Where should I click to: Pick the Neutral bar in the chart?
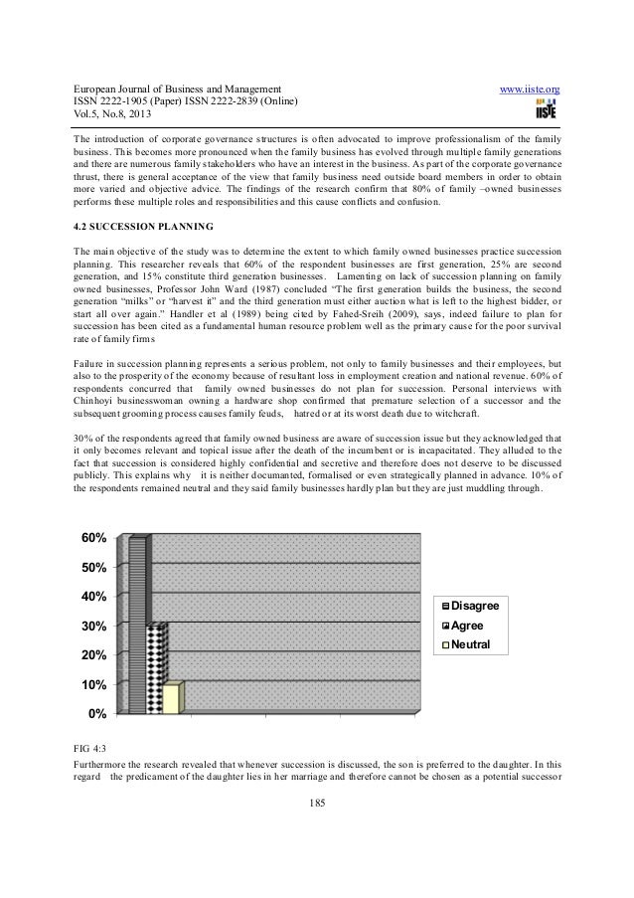pos(171,698)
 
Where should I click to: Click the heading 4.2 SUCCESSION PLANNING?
pos(141,223)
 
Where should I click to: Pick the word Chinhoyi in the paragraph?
pos(97,401)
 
